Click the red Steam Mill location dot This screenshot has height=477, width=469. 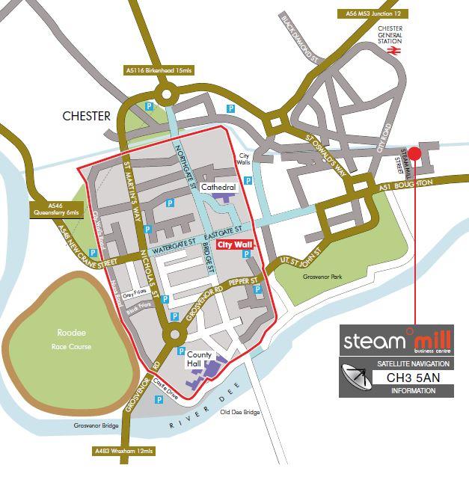click(416, 153)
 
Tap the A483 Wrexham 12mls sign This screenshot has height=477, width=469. click(124, 451)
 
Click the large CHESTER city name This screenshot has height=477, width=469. click(87, 116)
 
